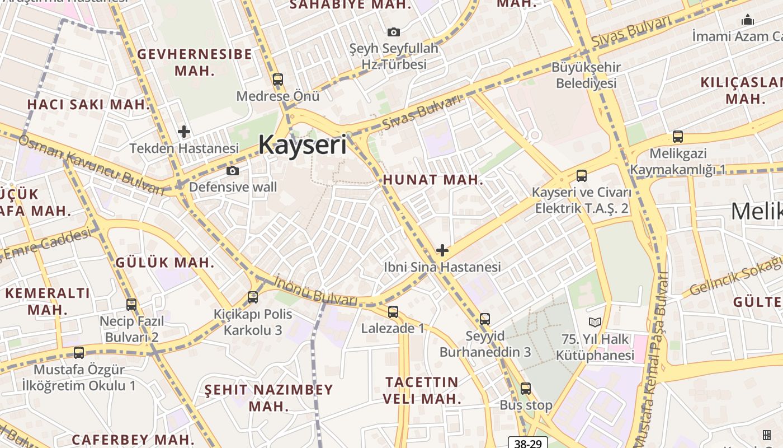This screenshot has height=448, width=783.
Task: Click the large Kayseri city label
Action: point(302,145)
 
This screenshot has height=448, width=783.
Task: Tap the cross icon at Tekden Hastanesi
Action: point(184,132)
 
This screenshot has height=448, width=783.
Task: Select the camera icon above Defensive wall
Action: point(233,171)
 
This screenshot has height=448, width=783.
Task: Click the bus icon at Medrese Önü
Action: point(278,80)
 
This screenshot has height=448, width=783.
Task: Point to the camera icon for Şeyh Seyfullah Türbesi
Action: point(394,32)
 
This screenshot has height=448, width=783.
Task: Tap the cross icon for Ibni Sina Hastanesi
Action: point(442,250)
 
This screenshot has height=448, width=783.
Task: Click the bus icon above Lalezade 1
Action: point(393,312)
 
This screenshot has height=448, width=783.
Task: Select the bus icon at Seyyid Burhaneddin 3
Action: point(485,319)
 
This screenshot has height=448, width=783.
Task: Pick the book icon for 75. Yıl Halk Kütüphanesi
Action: point(595,323)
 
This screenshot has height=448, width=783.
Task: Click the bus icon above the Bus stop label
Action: point(526,388)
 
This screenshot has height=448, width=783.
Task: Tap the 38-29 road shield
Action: point(528,443)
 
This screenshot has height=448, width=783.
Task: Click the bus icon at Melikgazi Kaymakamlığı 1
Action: point(678,136)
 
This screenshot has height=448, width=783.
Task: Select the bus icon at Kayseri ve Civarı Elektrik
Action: point(582,176)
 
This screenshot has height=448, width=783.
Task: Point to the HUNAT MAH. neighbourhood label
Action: point(433,180)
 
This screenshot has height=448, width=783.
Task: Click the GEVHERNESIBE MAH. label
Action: point(195,62)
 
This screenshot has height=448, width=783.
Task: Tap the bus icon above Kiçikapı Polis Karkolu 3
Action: point(253,297)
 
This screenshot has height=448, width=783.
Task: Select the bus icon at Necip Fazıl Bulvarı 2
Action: point(131,305)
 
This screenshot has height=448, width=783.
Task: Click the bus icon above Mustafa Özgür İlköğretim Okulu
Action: point(79,353)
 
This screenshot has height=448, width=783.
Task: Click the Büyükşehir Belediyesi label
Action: point(586,75)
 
